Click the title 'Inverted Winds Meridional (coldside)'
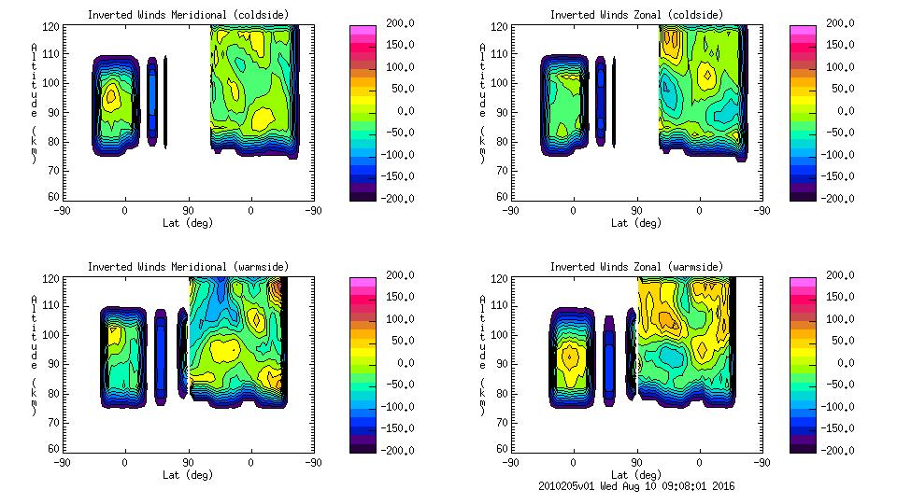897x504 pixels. [188, 15]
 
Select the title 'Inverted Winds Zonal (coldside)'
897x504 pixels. [635, 15]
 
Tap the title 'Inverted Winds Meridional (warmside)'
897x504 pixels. [188, 267]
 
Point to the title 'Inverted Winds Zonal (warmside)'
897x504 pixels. [635, 267]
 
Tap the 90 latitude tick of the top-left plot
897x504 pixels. [188, 211]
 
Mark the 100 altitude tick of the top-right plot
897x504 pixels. [494, 83]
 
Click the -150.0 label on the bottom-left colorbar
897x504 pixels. [396, 428]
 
